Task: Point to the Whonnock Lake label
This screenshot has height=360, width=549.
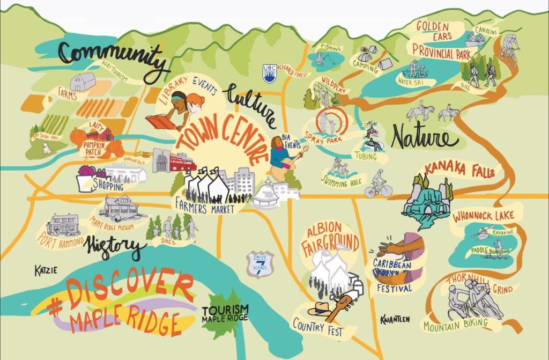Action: click(483, 216)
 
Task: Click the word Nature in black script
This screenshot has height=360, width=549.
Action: click(425, 138)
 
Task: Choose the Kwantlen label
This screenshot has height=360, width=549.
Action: click(395, 319)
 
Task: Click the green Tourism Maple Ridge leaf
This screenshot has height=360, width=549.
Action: click(225, 314)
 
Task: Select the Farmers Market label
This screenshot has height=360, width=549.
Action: click(205, 207)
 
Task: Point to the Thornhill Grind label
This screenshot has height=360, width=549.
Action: click(480, 282)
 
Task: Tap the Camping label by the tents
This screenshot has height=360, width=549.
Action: click(365, 63)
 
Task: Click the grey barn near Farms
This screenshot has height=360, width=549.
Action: click(83, 82)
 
